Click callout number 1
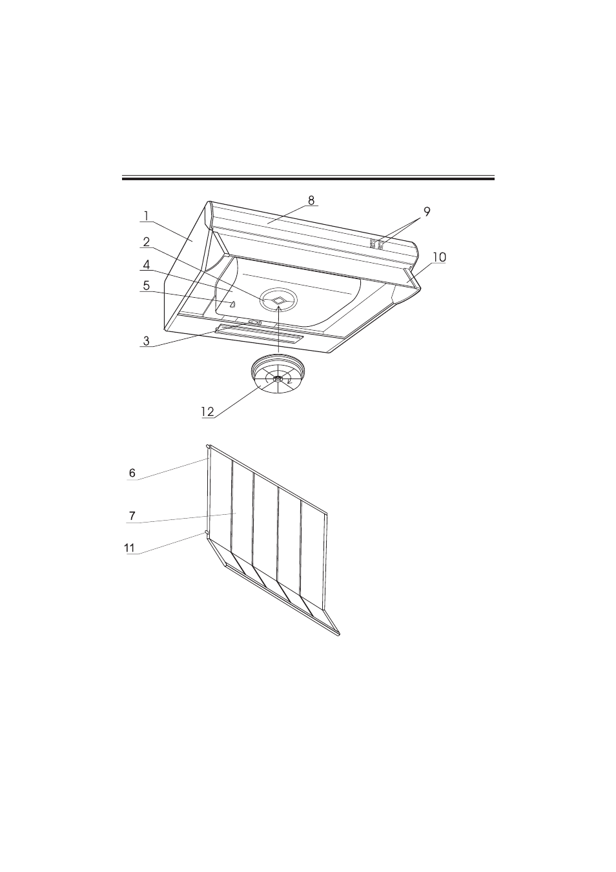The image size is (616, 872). (146, 216)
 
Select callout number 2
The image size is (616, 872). (147, 242)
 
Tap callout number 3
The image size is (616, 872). (147, 341)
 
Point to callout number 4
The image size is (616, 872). (147, 265)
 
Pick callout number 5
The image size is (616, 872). (147, 285)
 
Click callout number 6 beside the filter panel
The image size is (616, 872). (132, 473)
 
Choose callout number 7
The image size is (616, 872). (132, 516)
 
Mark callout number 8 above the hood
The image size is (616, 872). (311, 200)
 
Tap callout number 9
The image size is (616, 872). (427, 212)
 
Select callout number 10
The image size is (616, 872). (439, 257)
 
